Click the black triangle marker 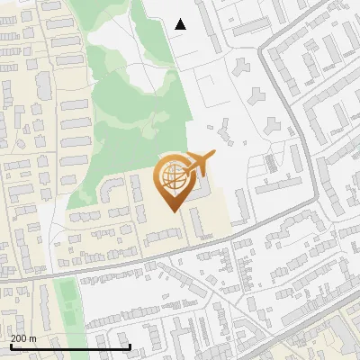[x=181, y=24]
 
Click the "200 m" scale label [x=23, y=338]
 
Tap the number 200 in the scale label [x=19, y=338]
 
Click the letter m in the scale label [x=32, y=338]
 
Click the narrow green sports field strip [x=64, y=301]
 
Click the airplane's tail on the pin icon [x=211, y=156]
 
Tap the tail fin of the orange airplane [x=211, y=156]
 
